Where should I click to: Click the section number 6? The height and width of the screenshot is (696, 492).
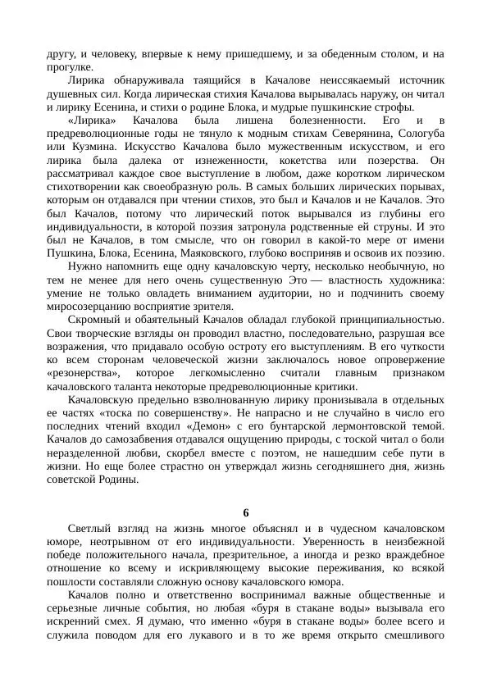(x=246, y=513)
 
